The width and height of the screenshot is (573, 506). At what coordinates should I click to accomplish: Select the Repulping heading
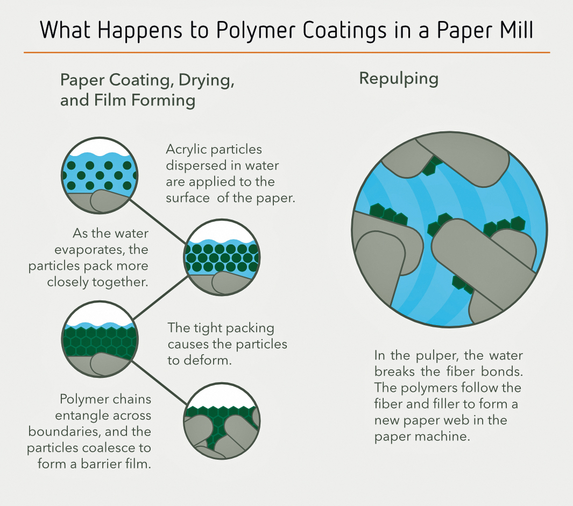399,79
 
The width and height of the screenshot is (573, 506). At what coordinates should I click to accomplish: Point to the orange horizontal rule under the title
286,52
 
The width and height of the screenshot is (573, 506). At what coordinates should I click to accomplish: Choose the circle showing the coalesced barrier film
222,421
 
